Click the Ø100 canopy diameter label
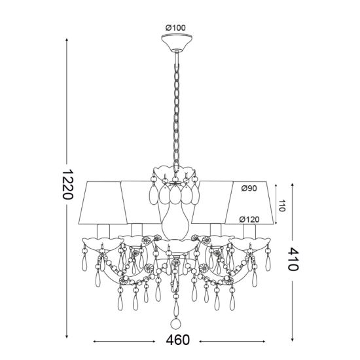click(x=175, y=27)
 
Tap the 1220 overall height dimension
click(x=67, y=184)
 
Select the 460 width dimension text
click(x=178, y=340)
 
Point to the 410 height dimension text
click(x=293, y=259)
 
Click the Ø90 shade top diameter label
click(x=249, y=189)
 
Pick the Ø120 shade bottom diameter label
click(x=249, y=219)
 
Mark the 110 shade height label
click(x=281, y=206)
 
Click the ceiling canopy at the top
click(x=177, y=43)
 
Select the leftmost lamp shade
click(x=103, y=203)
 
